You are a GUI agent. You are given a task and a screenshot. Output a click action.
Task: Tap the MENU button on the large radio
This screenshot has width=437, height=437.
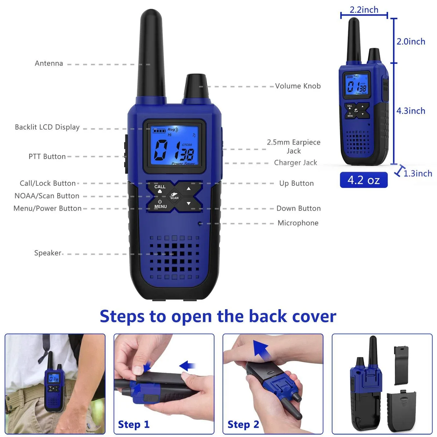pyautogui.click(x=160, y=204)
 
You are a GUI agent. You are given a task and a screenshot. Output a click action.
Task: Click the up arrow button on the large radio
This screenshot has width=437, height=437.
pyautogui.click(x=189, y=188)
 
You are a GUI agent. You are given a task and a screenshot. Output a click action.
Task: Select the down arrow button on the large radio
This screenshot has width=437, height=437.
pyautogui.click(x=189, y=204)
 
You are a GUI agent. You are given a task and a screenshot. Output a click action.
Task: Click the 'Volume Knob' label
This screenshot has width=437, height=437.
pyautogui.click(x=298, y=86)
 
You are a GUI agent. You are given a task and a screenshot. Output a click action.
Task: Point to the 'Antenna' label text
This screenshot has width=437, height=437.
pyautogui.click(x=49, y=63)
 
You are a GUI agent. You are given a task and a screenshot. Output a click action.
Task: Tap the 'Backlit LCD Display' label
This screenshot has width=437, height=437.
pyautogui.click(x=47, y=127)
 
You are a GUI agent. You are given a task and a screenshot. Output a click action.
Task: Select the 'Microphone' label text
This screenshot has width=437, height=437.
pyautogui.click(x=298, y=223)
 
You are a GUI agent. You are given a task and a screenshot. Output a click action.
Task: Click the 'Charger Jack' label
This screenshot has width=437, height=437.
pyautogui.click(x=295, y=162)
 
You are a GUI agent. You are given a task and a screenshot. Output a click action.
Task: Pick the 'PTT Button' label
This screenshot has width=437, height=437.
pyautogui.click(x=47, y=157)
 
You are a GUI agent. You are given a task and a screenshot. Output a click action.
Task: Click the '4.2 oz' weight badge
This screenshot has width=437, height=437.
pyautogui.click(x=363, y=180)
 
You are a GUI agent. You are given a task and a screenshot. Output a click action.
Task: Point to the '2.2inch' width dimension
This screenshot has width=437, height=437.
pyautogui.click(x=364, y=10)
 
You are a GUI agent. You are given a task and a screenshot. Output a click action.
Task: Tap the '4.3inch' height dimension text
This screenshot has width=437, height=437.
pyautogui.click(x=411, y=111)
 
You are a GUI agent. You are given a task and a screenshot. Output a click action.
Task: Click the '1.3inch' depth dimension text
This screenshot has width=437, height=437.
pyautogui.click(x=418, y=173)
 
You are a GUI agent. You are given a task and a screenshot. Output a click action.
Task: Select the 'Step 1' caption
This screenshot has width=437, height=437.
pyautogui.click(x=134, y=425)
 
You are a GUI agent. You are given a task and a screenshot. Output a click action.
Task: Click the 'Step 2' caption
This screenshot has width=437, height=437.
pyautogui.click(x=243, y=425)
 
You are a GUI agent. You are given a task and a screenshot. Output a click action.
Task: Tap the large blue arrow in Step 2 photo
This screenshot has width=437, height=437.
pyautogui.click(x=261, y=350)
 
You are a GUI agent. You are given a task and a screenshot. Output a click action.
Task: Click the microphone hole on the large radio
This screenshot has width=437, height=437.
pyautogui.click(x=200, y=224)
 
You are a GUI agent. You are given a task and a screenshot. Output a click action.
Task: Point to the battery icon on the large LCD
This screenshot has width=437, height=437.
pyautogui.click(x=159, y=131)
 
